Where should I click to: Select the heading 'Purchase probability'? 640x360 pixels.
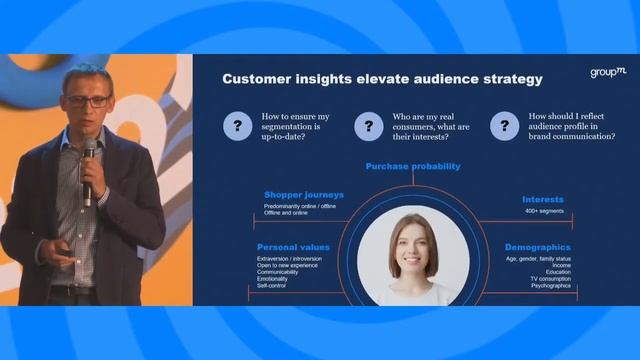point(412,166)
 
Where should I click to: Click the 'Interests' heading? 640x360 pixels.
point(543,200)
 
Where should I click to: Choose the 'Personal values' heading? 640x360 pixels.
point(293,246)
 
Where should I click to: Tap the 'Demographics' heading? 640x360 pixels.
point(537,246)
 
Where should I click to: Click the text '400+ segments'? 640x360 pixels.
point(544,212)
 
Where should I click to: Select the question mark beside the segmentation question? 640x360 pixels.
point(238,126)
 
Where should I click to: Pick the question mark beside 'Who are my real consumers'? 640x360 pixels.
point(368,126)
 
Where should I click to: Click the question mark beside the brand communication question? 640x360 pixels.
point(504,126)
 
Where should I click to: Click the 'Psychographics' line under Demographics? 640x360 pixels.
point(551,286)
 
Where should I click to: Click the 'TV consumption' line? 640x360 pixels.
point(550,279)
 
